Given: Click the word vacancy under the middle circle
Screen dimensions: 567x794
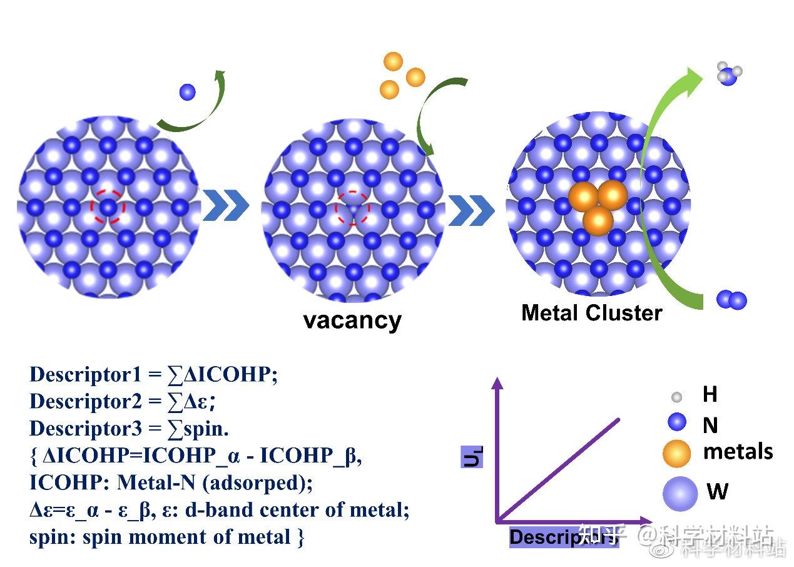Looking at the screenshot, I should click(352, 320).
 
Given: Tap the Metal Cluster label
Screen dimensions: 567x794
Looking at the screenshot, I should click(591, 312).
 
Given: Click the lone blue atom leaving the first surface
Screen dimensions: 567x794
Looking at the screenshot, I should click(187, 92).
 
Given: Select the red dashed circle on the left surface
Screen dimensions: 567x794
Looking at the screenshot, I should click(108, 206).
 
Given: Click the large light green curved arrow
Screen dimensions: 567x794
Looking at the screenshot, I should click(651, 188).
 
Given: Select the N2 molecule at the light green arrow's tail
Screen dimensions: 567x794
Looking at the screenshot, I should click(731, 300).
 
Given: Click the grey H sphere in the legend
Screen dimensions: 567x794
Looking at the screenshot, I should click(676, 396).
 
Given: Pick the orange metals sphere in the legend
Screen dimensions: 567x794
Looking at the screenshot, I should click(676, 453).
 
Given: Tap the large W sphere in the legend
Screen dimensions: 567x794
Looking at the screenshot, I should click(679, 493).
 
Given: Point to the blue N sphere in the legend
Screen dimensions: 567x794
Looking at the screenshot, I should click(677, 422).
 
